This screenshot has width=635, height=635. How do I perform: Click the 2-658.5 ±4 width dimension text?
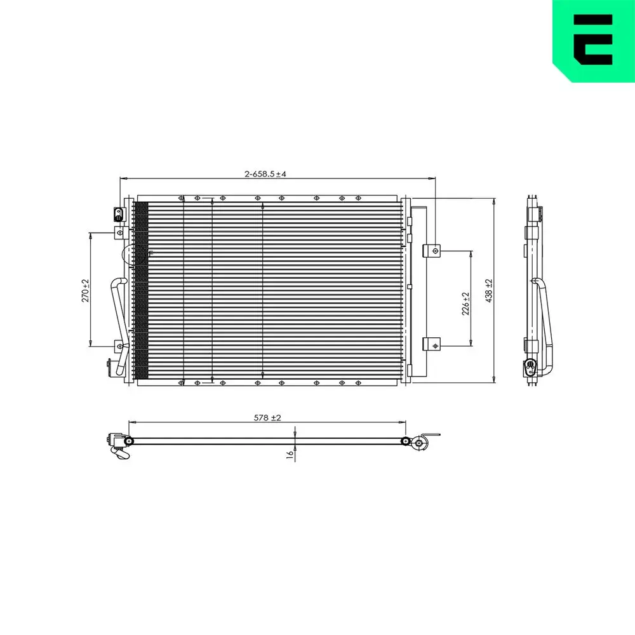tap(266, 173)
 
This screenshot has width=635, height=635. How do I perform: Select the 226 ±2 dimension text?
tap(465, 304)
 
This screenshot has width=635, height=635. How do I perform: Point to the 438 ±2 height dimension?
tap(489, 291)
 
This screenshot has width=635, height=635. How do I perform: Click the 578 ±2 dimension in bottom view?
tap(267, 417)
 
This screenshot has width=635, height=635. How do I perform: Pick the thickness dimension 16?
tap(290, 454)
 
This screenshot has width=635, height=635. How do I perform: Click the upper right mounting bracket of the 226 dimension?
tap(432, 251)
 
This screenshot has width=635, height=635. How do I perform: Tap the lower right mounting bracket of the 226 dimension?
tap(432, 346)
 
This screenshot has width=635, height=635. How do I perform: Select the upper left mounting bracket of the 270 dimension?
tap(119, 234)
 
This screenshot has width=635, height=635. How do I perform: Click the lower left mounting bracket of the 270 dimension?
tap(119, 346)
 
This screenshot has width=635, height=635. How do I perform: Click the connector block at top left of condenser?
tap(118, 214)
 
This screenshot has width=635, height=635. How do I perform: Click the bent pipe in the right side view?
tap(544, 317)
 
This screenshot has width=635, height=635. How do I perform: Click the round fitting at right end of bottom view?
tap(418, 444)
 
